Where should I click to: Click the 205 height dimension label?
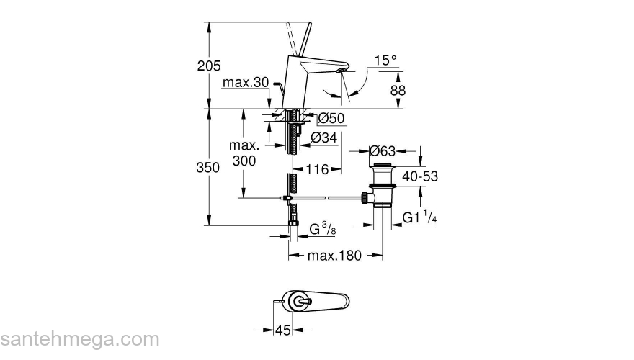point(208,66)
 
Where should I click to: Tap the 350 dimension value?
point(208,168)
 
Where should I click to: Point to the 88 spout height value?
point(398,91)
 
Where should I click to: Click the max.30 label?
point(245,84)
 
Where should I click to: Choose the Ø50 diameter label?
point(331,117)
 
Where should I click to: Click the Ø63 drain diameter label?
point(382,151)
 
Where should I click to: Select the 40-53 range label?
point(421,176)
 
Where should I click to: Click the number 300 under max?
point(244,161)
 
